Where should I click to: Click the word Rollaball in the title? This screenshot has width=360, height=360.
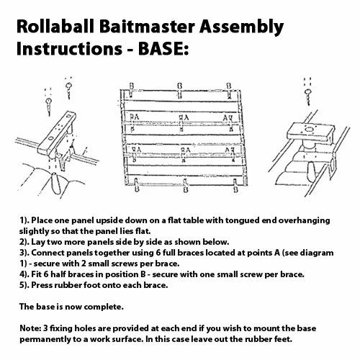(55, 26)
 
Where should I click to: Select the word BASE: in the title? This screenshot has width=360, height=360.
(163, 48)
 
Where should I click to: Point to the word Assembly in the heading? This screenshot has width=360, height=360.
(242, 27)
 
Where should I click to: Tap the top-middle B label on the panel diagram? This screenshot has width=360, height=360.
(179, 86)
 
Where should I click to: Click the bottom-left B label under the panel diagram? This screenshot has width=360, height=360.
(137, 189)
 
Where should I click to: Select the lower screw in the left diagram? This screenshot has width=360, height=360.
(50, 105)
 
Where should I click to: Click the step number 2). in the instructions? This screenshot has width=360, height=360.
(24, 242)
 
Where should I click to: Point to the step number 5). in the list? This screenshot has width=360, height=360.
(24, 285)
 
